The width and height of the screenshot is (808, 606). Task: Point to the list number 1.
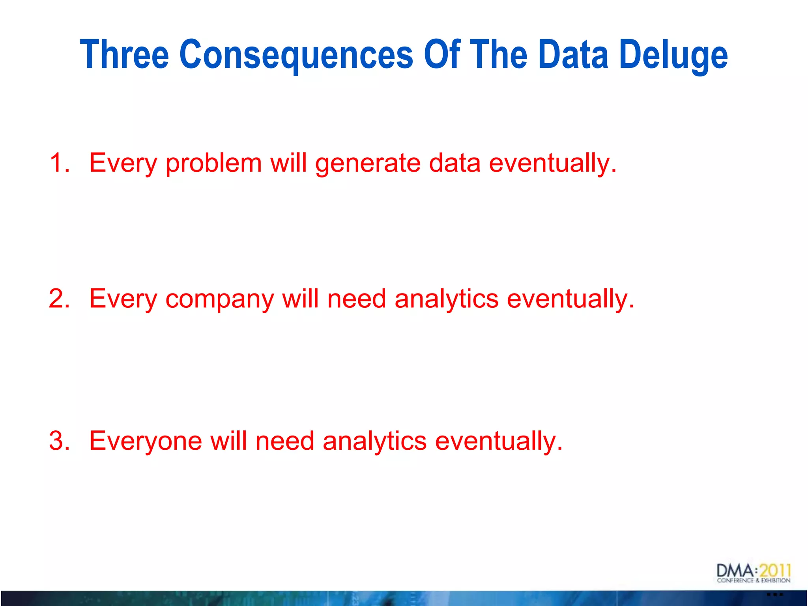pos(59,163)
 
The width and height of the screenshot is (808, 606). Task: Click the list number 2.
pos(59,298)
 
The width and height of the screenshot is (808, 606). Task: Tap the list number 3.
pos(59,440)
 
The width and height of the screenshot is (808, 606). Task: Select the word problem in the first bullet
pos(213,163)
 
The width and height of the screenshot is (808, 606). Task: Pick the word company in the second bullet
pos(219,299)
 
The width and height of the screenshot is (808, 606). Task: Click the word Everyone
pos(146,441)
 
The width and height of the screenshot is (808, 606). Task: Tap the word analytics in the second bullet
pos(447,299)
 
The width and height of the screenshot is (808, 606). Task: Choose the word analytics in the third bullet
pos(374,441)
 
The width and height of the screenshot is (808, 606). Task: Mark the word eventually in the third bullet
pos(499,441)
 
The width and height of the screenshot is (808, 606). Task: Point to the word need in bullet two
pos(357,298)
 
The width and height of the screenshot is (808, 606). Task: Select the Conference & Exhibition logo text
pos(754,580)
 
